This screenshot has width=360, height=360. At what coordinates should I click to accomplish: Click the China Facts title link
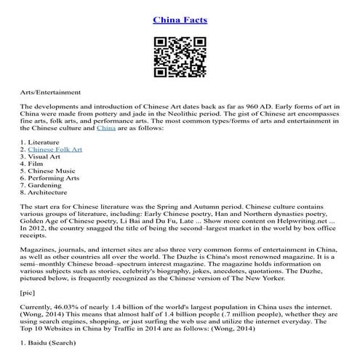click(x=180, y=20)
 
